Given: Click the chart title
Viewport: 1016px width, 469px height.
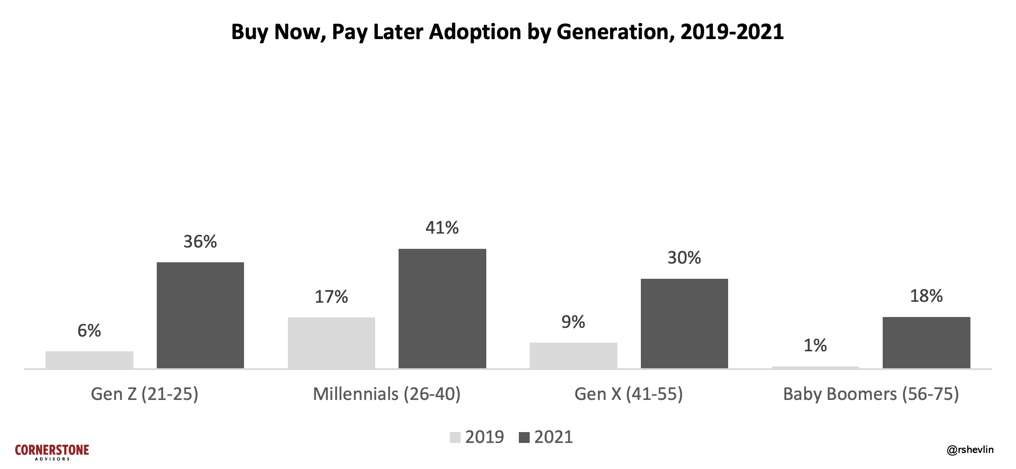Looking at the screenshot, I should pyautogui.click(x=507, y=32).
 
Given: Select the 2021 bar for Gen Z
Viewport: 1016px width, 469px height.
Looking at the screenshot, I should pyautogui.click(x=200, y=315).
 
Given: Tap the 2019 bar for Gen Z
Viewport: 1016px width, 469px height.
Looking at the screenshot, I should pyautogui.click(x=89, y=360).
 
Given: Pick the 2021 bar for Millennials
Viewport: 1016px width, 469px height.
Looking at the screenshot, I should pyautogui.click(x=442, y=308).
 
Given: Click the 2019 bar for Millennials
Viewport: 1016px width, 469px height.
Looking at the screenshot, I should pyautogui.click(x=331, y=343).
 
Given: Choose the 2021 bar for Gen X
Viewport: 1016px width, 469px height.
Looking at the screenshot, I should pyautogui.click(x=684, y=324).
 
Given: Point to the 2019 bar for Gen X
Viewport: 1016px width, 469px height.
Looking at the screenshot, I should pyautogui.click(x=573, y=355).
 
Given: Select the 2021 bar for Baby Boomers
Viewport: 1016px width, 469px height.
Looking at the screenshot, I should pyautogui.click(x=926, y=343).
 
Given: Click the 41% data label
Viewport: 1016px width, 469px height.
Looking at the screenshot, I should pyautogui.click(x=442, y=228).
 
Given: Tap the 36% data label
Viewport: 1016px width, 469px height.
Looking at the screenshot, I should pyautogui.click(x=200, y=242).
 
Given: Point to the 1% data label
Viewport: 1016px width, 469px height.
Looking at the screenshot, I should pyautogui.click(x=815, y=346).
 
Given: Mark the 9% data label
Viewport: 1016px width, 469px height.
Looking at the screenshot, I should pyautogui.click(x=573, y=322).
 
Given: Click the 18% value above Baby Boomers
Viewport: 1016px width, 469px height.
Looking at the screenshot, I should pyautogui.click(x=926, y=296).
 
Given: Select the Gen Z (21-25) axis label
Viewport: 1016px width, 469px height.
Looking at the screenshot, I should pyautogui.click(x=145, y=394).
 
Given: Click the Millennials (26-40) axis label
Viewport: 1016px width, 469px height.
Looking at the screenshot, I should pyautogui.click(x=387, y=394).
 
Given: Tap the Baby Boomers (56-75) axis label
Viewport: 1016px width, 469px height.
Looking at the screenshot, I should pyautogui.click(x=871, y=394).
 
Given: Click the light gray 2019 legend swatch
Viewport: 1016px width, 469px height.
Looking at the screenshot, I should pyautogui.click(x=455, y=437).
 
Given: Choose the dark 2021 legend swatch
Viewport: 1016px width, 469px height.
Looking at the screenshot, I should pyautogui.click(x=524, y=437).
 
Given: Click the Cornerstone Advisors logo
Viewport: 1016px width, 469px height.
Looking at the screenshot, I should pyautogui.click(x=52, y=452).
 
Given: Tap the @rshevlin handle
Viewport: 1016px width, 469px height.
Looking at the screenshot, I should pyautogui.click(x=970, y=450).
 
